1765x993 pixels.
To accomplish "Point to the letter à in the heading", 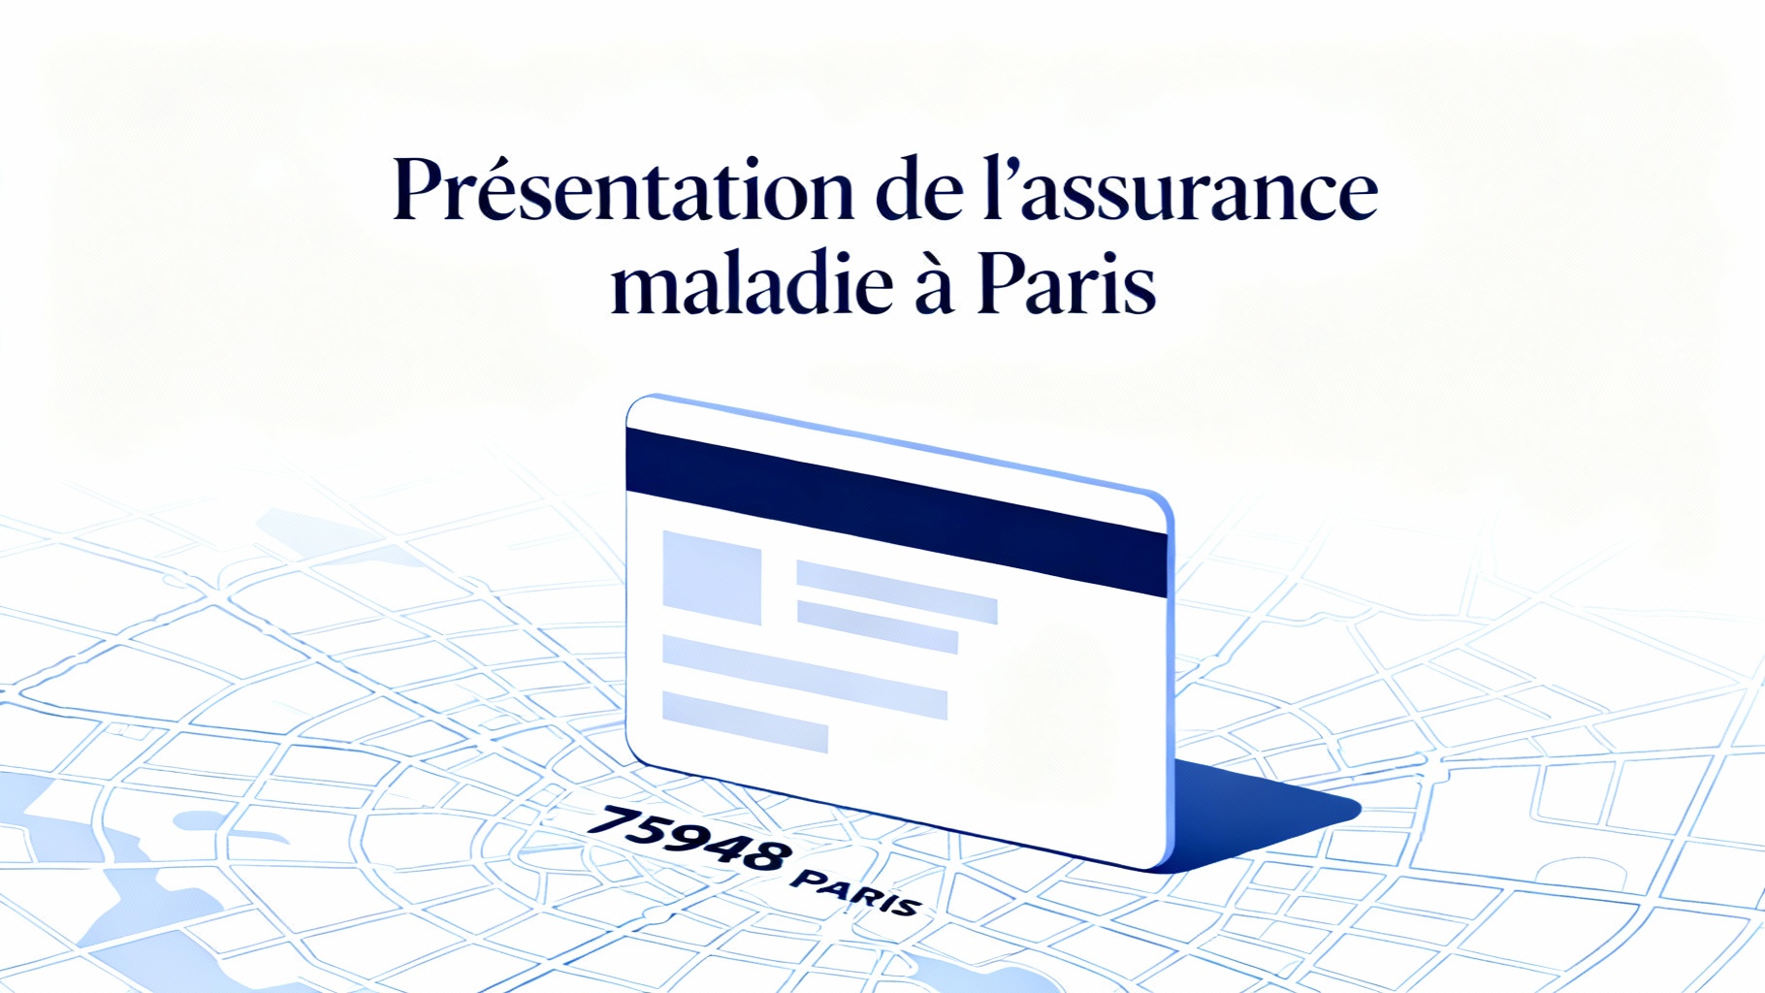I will click(934, 288).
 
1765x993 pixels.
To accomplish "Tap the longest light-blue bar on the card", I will click(804, 677).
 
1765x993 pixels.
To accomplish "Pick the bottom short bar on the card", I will click(744, 721).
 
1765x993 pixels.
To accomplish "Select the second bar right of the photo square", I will click(877, 626).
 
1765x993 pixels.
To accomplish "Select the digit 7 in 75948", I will click(611, 820).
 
